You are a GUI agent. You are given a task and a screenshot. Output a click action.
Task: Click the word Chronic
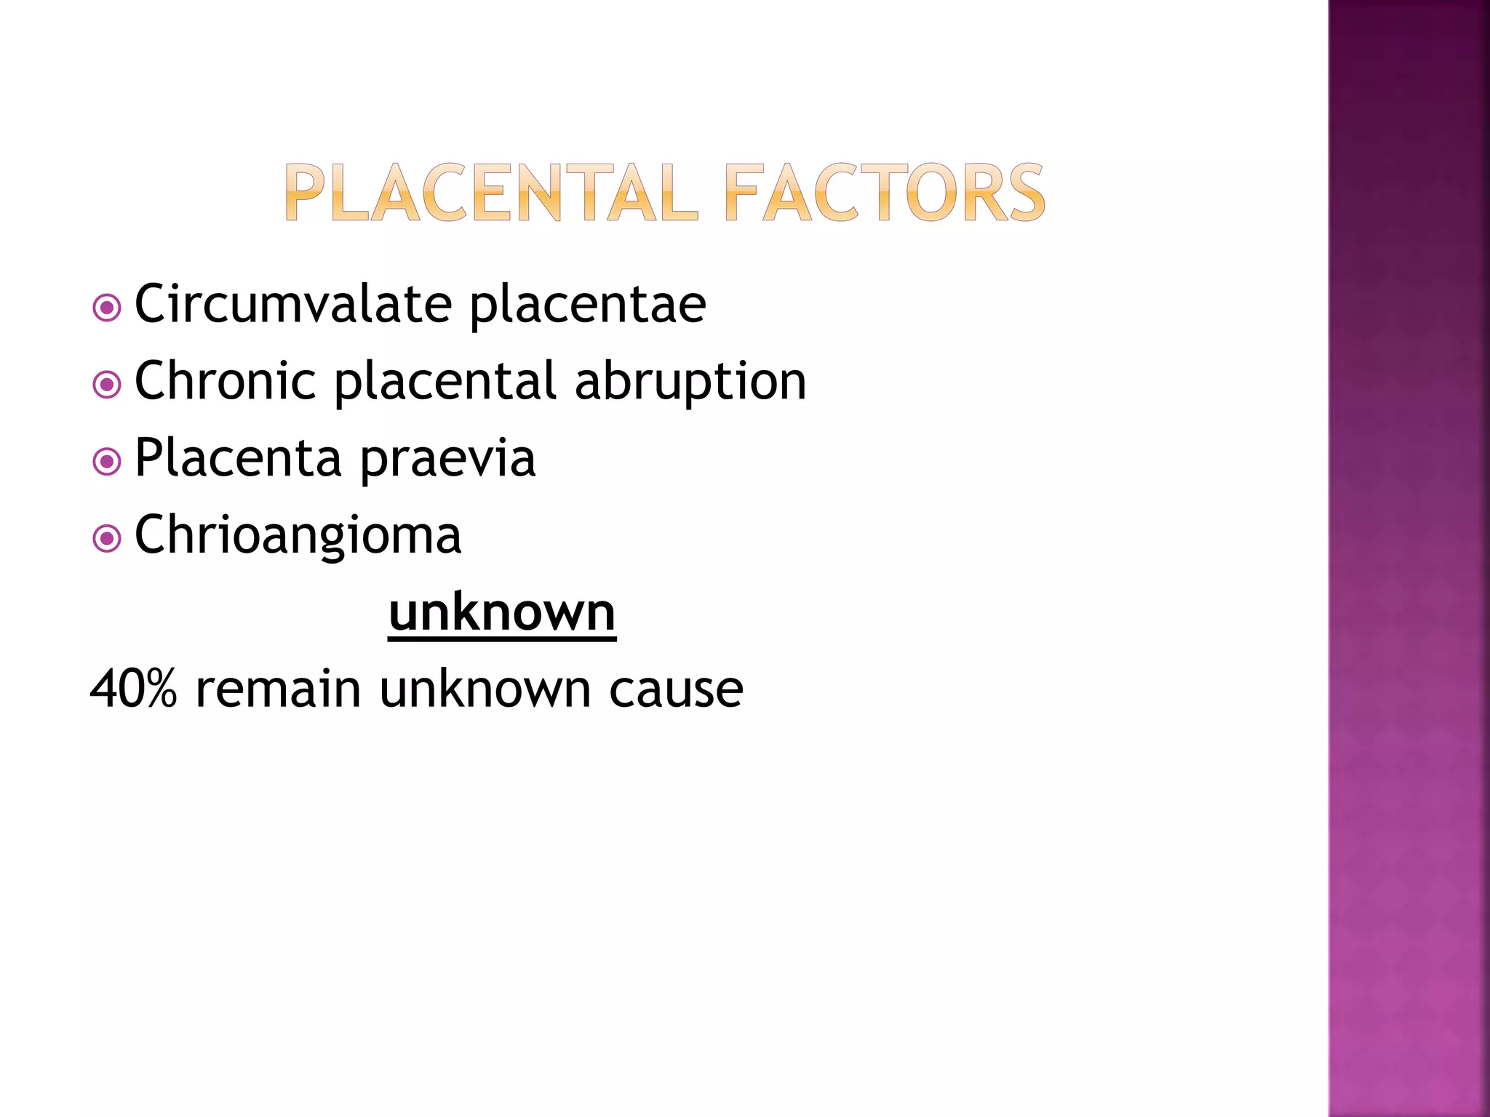226,381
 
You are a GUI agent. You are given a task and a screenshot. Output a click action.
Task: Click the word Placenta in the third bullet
238,458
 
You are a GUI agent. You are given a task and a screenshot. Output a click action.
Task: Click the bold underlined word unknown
502,612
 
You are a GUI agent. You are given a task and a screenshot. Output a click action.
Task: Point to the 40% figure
134,689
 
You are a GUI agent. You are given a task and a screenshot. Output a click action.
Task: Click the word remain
279,689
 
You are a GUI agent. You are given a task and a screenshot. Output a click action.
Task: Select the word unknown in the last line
485,689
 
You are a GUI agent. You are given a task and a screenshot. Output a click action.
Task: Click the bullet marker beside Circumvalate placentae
107,308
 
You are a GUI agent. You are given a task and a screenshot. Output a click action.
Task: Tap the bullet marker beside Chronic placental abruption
107,385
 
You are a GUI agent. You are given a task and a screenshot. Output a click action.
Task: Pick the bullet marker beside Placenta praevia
107,462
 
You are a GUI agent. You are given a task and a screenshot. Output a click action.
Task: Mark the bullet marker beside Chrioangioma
107,539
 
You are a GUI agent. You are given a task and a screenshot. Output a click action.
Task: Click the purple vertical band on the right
1409,558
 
